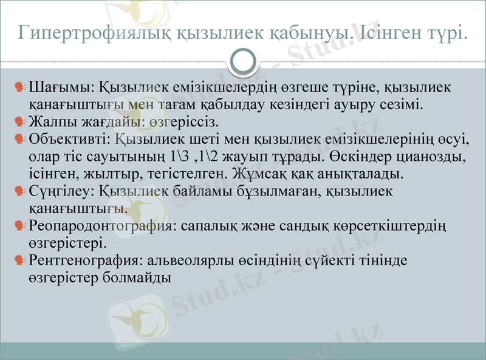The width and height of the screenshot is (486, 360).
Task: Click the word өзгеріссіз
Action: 183,120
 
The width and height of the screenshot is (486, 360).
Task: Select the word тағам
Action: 179,104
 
